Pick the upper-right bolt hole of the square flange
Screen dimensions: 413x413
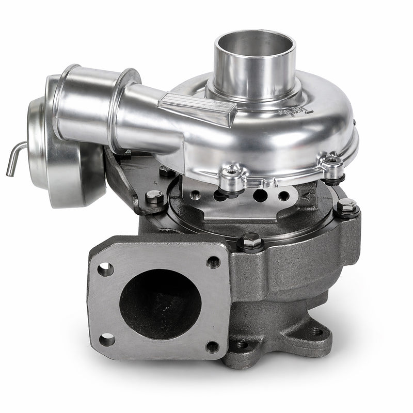coord(213,262)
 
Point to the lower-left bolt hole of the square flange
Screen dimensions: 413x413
coord(107,340)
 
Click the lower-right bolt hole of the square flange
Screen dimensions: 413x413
coord(211,347)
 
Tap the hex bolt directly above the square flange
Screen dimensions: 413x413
coord(251,240)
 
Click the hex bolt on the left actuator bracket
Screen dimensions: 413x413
coord(154,197)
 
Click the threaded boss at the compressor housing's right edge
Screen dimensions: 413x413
coord(332,166)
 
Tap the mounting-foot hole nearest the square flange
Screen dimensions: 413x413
coord(241,344)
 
